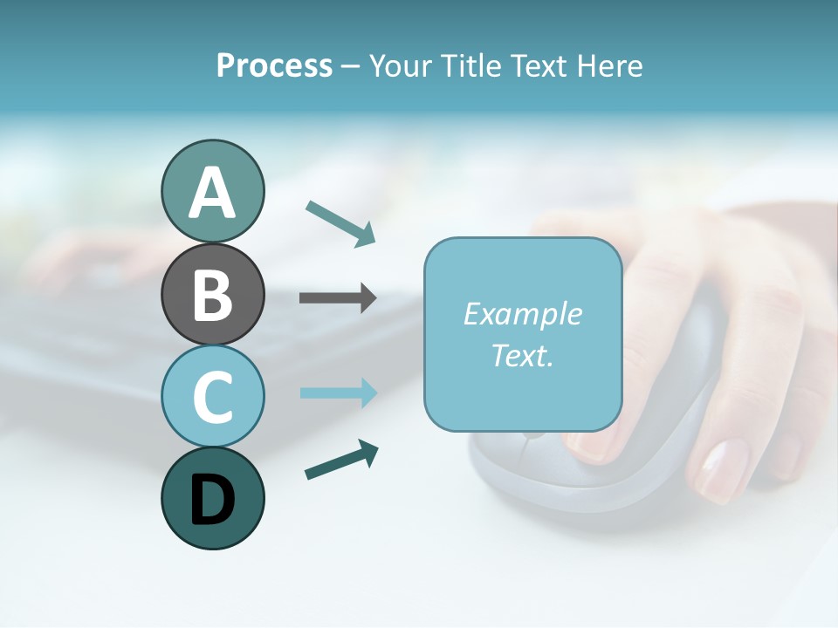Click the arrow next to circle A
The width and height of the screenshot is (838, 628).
(x=340, y=222)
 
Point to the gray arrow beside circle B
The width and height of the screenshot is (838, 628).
(x=338, y=297)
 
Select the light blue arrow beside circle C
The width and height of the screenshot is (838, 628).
(x=338, y=393)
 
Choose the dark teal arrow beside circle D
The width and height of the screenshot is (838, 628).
(x=340, y=460)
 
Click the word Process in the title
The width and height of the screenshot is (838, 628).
(x=274, y=65)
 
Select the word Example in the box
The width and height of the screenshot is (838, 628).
(x=522, y=314)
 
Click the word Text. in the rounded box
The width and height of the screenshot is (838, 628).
(x=522, y=355)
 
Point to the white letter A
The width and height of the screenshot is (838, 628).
(x=212, y=194)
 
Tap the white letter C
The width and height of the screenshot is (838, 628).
(x=212, y=397)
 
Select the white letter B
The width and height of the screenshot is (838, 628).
(x=212, y=296)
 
